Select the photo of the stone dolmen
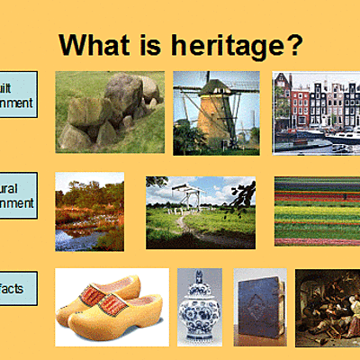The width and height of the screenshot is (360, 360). coord(109,112)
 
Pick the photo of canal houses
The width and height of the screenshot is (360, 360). coord(316,112)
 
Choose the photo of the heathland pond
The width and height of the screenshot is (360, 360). coord(89,211)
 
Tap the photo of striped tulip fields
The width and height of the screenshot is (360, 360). coord(317,211)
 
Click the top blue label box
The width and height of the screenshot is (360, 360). coord(18,94)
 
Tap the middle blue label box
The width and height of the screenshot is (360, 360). coord(18,195)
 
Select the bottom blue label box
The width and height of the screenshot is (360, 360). coord(18,288)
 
